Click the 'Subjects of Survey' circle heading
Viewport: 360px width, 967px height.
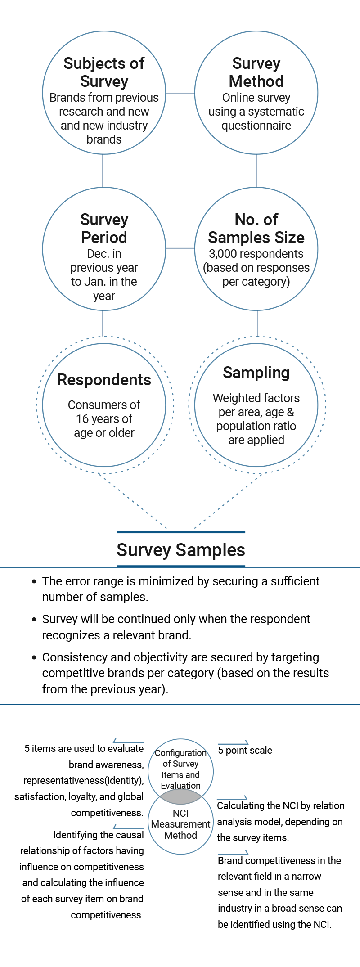click(104, 72)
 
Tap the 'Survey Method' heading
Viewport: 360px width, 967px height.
click(256, 72)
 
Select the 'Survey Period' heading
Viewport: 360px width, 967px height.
click(104, 228)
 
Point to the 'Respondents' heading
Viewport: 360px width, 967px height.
click(104, 380)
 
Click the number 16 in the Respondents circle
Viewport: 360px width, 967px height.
click(82, 419)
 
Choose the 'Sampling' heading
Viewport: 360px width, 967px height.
click(256, 373)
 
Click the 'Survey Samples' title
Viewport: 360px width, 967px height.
click(181, 550)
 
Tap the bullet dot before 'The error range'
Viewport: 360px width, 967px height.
click(34, 581)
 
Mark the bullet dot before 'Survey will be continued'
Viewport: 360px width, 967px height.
click(34, 620)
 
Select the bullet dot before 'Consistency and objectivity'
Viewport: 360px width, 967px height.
click(34, 657)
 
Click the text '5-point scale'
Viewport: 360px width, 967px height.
click(245, 750)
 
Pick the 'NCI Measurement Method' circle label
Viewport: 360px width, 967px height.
click(181, 824)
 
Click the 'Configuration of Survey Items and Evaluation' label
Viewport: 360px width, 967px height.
click(181, 769)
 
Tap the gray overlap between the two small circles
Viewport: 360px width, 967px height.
click(181, 796)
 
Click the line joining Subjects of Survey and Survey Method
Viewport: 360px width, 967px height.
click(180, 93)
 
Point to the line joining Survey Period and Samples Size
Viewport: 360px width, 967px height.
click(180, 248)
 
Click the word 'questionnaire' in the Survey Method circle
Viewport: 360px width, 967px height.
click(256, 126)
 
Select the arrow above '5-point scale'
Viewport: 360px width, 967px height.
click(233, 742)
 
